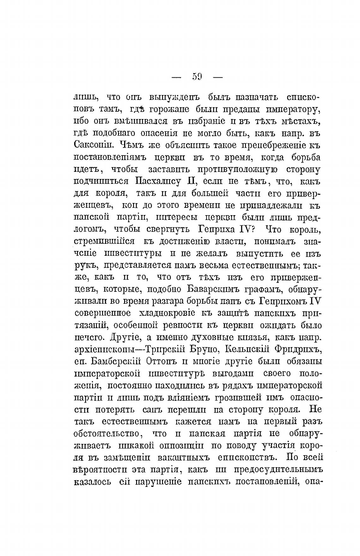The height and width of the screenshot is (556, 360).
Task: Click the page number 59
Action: pos(197,77)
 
